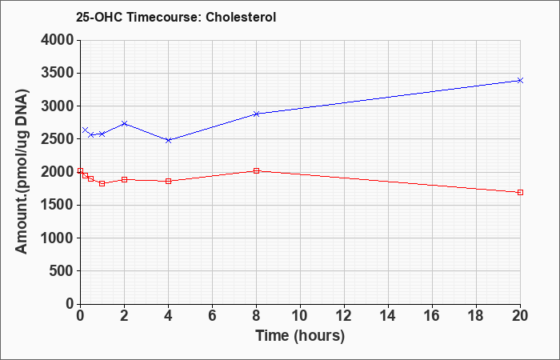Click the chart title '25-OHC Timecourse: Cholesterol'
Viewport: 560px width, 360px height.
[176, 17]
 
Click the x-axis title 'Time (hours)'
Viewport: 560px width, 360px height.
[300, 336]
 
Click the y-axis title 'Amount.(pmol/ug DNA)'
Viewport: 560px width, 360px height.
[22, 171]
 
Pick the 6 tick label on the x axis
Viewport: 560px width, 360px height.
[212, 316]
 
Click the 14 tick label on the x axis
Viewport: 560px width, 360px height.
[388, 316]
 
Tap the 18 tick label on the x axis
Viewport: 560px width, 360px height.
[476, 316]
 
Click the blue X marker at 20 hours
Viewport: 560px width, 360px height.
[520, 80]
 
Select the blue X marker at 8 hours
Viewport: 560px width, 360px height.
[256, 114]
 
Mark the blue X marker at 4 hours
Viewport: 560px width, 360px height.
[169, 140]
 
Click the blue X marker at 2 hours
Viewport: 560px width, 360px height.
[124, 123]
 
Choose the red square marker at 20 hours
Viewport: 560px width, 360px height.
[520, 193]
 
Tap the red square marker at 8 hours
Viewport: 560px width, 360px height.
[256, 170]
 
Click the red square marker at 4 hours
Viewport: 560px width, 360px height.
[169, 181]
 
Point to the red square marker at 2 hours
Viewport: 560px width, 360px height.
[124, 179]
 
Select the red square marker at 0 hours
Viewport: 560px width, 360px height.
[80, 170]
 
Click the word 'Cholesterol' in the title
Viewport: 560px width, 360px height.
[241, 17]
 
